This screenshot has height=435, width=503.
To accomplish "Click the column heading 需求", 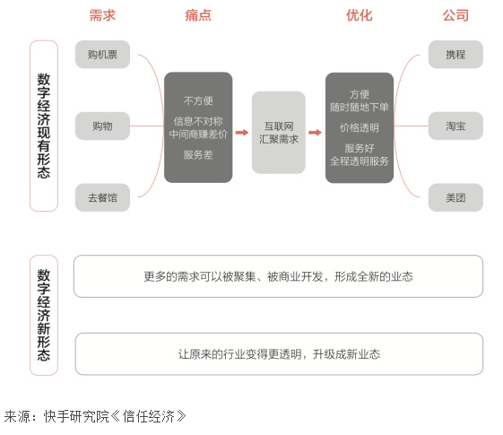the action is [102, 15].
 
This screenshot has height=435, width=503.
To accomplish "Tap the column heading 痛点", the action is [198, 15].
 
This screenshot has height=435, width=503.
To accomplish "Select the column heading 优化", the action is [360, 15].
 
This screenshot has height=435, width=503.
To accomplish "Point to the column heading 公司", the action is [455, 15].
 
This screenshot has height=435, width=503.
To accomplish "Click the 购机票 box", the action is [102, 54].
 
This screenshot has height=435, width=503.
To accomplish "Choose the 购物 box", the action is [102, 126].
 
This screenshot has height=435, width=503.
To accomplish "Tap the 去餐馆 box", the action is [102, 197].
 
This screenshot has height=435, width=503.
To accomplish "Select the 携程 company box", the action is [455, 54].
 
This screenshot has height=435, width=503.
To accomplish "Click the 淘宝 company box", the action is [455, 126].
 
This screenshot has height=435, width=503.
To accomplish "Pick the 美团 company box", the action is [455, 197].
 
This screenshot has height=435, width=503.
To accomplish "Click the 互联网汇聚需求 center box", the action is [279, 133].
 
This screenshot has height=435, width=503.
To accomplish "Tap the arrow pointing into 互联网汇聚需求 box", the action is [242, 133].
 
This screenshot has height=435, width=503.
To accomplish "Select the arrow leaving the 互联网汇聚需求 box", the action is [315, 133].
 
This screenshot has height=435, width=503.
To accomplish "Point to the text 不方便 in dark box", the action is [198, 100].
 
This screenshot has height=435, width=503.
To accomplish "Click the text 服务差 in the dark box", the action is [198, 155].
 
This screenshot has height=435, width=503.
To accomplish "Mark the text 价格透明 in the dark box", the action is [360, 127].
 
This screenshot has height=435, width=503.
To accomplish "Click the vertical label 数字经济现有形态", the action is [44, 126].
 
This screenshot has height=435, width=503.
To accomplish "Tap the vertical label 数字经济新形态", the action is [44, 315].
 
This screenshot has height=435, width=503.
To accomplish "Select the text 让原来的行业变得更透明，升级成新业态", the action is [279, 354].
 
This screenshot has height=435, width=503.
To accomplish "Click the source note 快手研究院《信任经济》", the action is [115, 416].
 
